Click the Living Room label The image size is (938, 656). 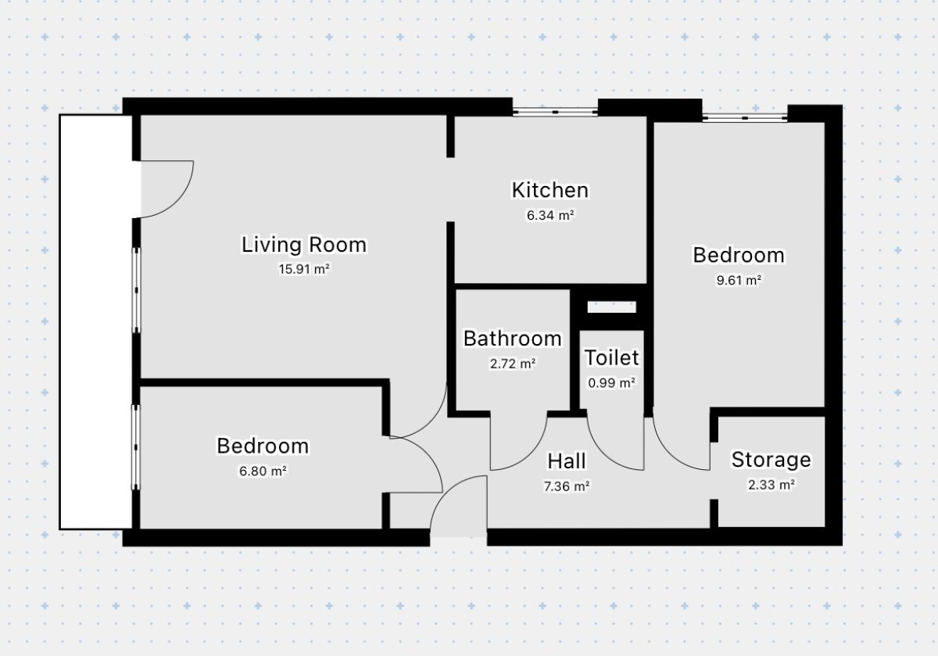[x=304, y=245]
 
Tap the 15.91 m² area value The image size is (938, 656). [x=304, y=269]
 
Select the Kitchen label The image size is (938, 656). [x=550, y=190]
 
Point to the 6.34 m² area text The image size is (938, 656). [x=550, y=215]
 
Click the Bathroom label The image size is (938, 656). [x=513, y=339]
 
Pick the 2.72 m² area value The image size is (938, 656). [x=513, y=364]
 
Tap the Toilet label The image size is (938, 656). [x=612, y=358]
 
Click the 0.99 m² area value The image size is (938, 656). [x=612, y=383]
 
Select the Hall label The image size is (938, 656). [x=567, y=461]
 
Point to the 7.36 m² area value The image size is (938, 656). [x=567, y=486]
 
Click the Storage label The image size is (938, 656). [x=772, y=460]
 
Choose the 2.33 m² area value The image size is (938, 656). [x=772, y=485]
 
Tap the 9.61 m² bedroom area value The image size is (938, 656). [x=739, y=280]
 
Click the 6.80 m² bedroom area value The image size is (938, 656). [x=263, y=471]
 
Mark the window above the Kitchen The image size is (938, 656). [x=555, y=112]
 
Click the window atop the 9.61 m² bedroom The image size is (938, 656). [x=745, y=118]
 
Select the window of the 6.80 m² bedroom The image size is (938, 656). [x=136, y=447]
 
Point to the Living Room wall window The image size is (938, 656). [x=137, y=290]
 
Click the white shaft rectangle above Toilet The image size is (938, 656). [x=612, y=307]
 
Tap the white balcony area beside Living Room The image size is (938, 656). [x=96, y=321]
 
